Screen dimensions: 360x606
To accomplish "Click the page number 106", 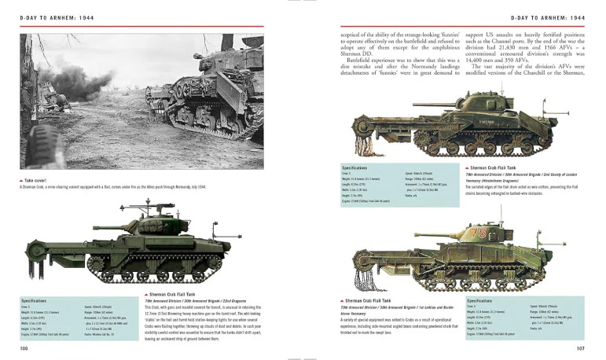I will (25, 347).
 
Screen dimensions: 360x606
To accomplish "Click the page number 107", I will (581, 347).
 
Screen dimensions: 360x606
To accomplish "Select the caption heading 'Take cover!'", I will (35, 179).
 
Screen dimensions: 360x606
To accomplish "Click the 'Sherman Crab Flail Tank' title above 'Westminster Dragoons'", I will (498, 167).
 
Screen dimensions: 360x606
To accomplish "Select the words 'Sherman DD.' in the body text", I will (358, 61).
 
